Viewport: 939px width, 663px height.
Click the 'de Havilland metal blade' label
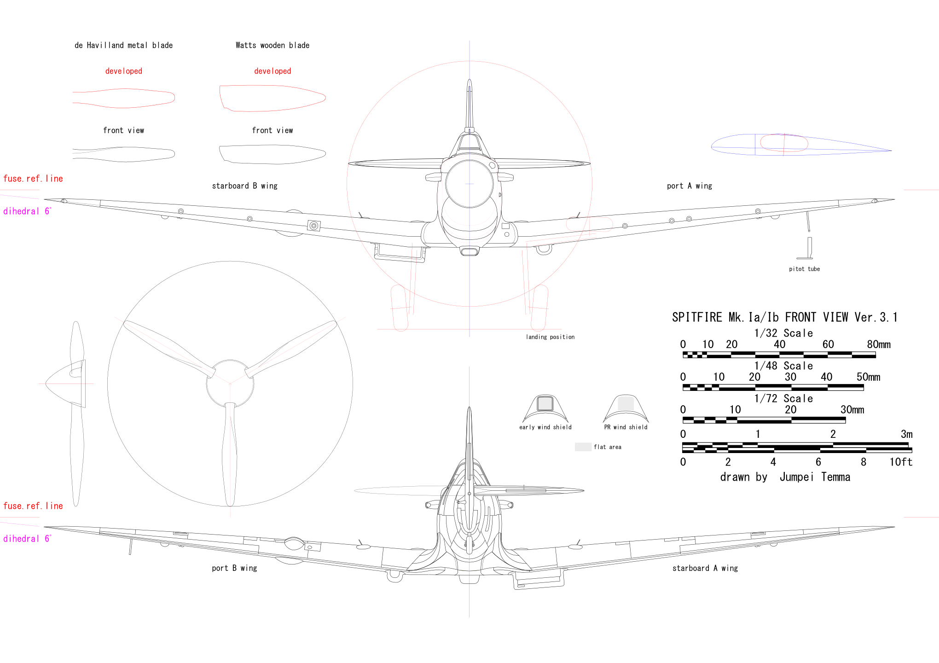click(123, 45)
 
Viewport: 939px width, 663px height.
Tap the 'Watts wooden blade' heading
click(272, 45)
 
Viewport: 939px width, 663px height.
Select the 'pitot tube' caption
click(804, 269)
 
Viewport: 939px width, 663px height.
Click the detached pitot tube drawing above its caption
click(809, 249)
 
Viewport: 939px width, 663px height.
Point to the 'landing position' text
click(550, 337)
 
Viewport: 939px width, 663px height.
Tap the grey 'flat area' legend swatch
click(583, 447)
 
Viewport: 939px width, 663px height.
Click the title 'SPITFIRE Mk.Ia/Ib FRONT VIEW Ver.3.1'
click(784, 317)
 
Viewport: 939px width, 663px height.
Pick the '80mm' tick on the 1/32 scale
click(878, 344)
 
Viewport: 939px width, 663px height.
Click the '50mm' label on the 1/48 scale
click(868, 377)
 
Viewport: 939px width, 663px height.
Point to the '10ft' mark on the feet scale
click(900, 462)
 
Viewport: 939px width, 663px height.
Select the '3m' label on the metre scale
click(906, 434)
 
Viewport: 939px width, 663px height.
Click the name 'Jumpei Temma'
click(815, 477)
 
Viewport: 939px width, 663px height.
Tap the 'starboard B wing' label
click(244, 186)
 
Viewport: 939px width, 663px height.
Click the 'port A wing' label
click(689, 186)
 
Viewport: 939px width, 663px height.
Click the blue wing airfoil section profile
click(801, 145)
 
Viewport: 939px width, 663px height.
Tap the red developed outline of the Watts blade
click(272, 98)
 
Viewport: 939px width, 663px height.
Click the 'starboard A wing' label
click(705, 568)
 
